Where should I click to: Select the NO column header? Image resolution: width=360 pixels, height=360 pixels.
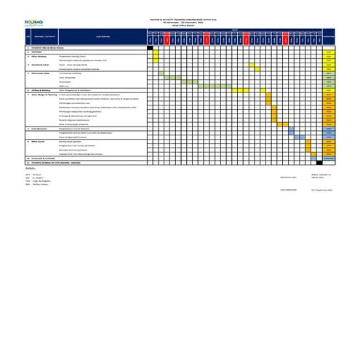tap(28, 35)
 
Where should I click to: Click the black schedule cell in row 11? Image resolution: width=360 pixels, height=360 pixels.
tap(319, 162)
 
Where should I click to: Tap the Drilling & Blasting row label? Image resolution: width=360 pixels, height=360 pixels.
tap(44, 90)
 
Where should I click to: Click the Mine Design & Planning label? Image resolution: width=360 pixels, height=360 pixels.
tap(48, 95)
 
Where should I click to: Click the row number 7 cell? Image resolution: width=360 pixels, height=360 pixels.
tap(28, 95)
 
